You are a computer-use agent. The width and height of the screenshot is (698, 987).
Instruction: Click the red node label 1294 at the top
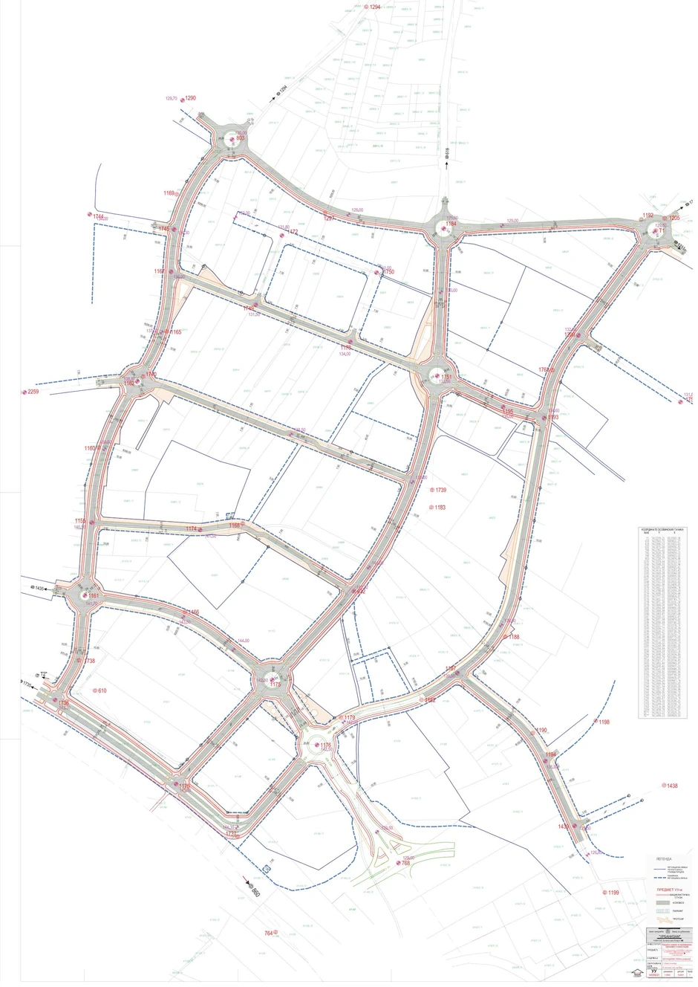pyautogui.click(x=374, y=6)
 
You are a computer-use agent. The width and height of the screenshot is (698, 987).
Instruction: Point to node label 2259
pyautogui.click(x=33, y=392)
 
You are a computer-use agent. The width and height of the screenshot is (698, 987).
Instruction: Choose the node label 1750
pyautogui.click(x=388, y=273)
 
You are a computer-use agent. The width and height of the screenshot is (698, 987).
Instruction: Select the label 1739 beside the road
pyautogui.click(x=440, y=491)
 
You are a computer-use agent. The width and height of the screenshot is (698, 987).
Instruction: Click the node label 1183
pyautogui.click(x=440, y=508)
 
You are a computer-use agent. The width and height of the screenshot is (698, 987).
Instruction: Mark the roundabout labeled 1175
pyautogui.click(x=273, y=679)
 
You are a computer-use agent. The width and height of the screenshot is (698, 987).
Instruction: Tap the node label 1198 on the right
pyautogui.click(x=603, y=722)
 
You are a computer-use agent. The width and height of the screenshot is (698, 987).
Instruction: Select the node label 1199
pyautogui.click(x=613, y=892)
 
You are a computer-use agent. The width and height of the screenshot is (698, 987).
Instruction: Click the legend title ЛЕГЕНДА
pyautogui.click(x=665, y=857)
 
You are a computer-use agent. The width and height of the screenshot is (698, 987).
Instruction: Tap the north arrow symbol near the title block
pyautogui.click(x=636, y=972)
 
